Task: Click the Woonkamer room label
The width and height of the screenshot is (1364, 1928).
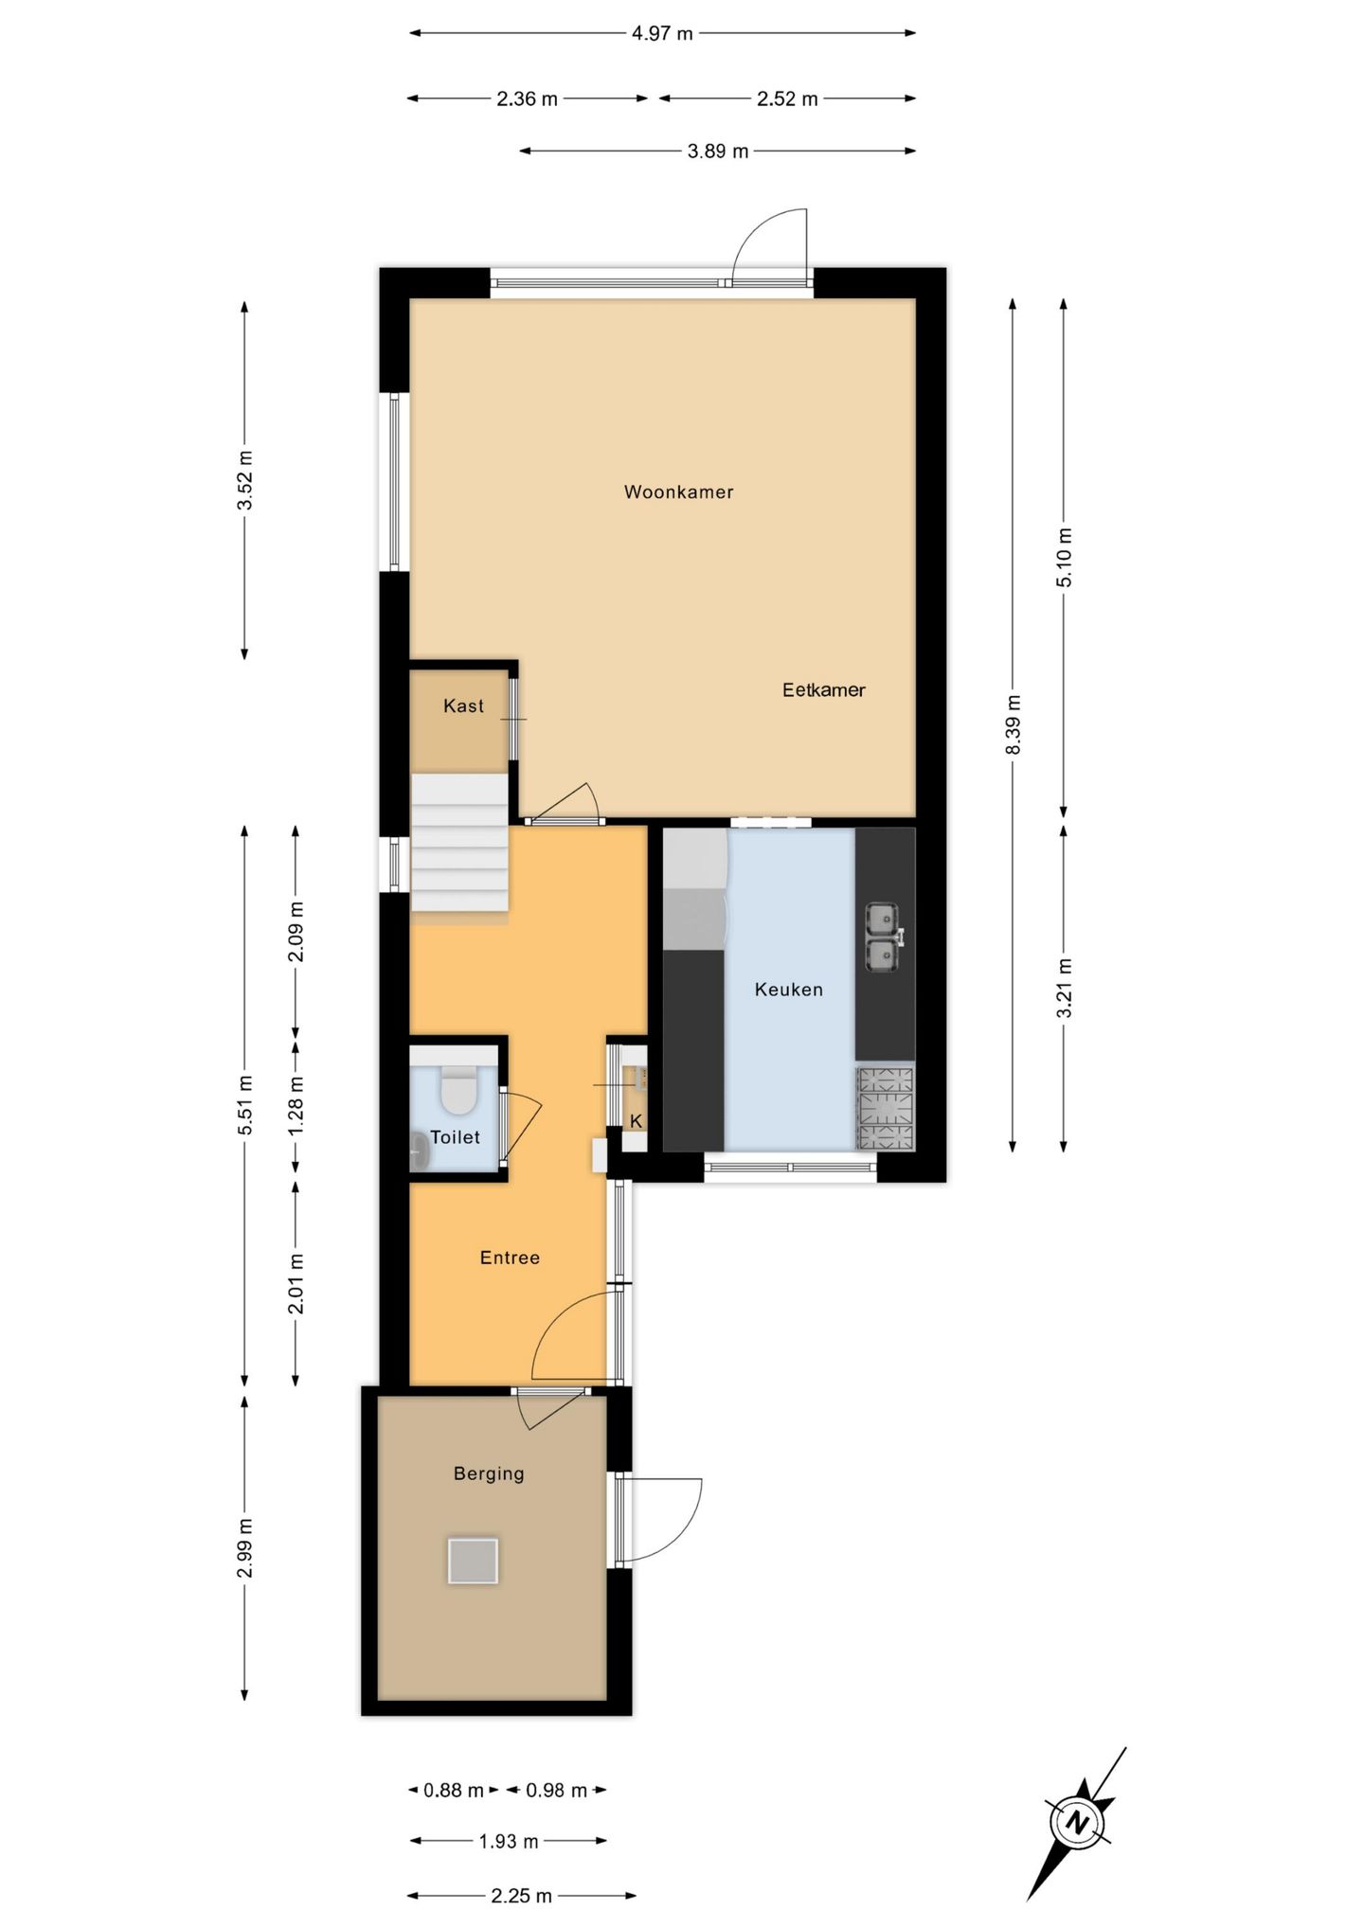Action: tap(678, 491)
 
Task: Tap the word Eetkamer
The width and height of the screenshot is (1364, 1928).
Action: tap(823, 689)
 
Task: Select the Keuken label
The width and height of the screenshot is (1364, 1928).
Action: tap(788, 990)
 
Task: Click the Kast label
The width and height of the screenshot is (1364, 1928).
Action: tap(463, 705)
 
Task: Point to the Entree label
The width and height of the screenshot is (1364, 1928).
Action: tap(510, 1258)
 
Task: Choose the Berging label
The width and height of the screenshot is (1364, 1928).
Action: tap(489, 1473)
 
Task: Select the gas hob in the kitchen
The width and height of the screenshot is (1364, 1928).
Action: tap(886, 1109)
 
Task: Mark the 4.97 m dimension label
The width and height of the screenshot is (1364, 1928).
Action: tap(662, 33)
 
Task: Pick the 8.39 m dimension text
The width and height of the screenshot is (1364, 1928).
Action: tap(1013, 724)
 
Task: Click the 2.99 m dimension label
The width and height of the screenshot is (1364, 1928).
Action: tap(244, 1546)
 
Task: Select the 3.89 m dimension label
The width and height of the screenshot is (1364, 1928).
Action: tap(718, 151)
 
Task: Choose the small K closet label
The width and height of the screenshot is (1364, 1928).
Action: tap(637, 1121)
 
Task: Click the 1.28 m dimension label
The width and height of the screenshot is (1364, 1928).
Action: tap(296, 1107)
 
